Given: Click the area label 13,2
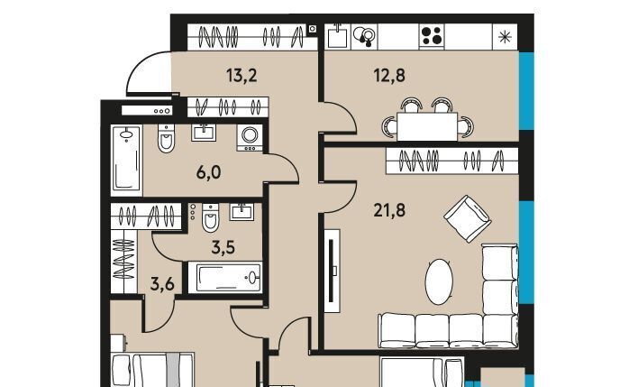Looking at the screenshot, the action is pyautogui.click(x=242, y=75).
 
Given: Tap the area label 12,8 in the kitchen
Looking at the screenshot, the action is pyautogui.click(x=389, y=75).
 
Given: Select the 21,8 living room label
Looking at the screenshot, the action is pyautogui.click(x=389, y=210).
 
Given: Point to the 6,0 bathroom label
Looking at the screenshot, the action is pyautogui.click(x=208, y=172).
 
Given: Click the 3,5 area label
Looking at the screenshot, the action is pyautogui.click(x=223, y=248).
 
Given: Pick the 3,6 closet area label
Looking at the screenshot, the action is pyautogui.click(x=162, y=285).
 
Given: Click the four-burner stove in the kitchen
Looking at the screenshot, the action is pyautogui.click(x=432, y=36).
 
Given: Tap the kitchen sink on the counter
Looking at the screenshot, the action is pyautogui.click(x=337, y=36).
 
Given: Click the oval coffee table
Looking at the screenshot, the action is pyautogui.click(x=439, y=281).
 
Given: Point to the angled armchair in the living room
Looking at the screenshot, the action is pyautogui.click(x=468, y=219).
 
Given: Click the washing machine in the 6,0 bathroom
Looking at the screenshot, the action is pyautogui.click(x=250, y=137).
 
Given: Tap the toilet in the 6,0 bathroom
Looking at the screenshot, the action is pyautogui.click(x=166, y=139).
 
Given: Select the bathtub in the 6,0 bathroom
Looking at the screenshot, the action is pyautogui.click(x=127, y=159).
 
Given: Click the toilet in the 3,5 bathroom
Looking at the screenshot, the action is pyautogui.click(x=211, y=218).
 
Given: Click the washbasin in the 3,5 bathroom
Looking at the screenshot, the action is pyautogui.click(x=242, y=212).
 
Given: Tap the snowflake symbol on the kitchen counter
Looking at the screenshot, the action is pyautogui.click(x=505, y=37).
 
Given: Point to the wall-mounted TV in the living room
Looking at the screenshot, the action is pyautogui.click(x=332, y=271).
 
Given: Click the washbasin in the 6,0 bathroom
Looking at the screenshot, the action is pyautogui.click(x=204, y=133).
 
